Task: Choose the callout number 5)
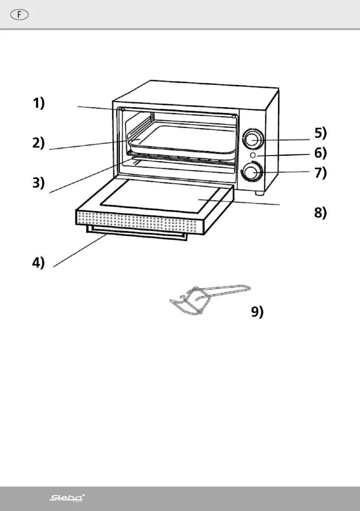pos(321,133)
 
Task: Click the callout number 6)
pos(321,153)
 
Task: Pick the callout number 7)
pos(321,173)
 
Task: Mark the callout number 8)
pos(321,213)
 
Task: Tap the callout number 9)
pos(257,313)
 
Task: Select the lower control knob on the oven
pos(252,173)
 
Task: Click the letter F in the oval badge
pos(19,14)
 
